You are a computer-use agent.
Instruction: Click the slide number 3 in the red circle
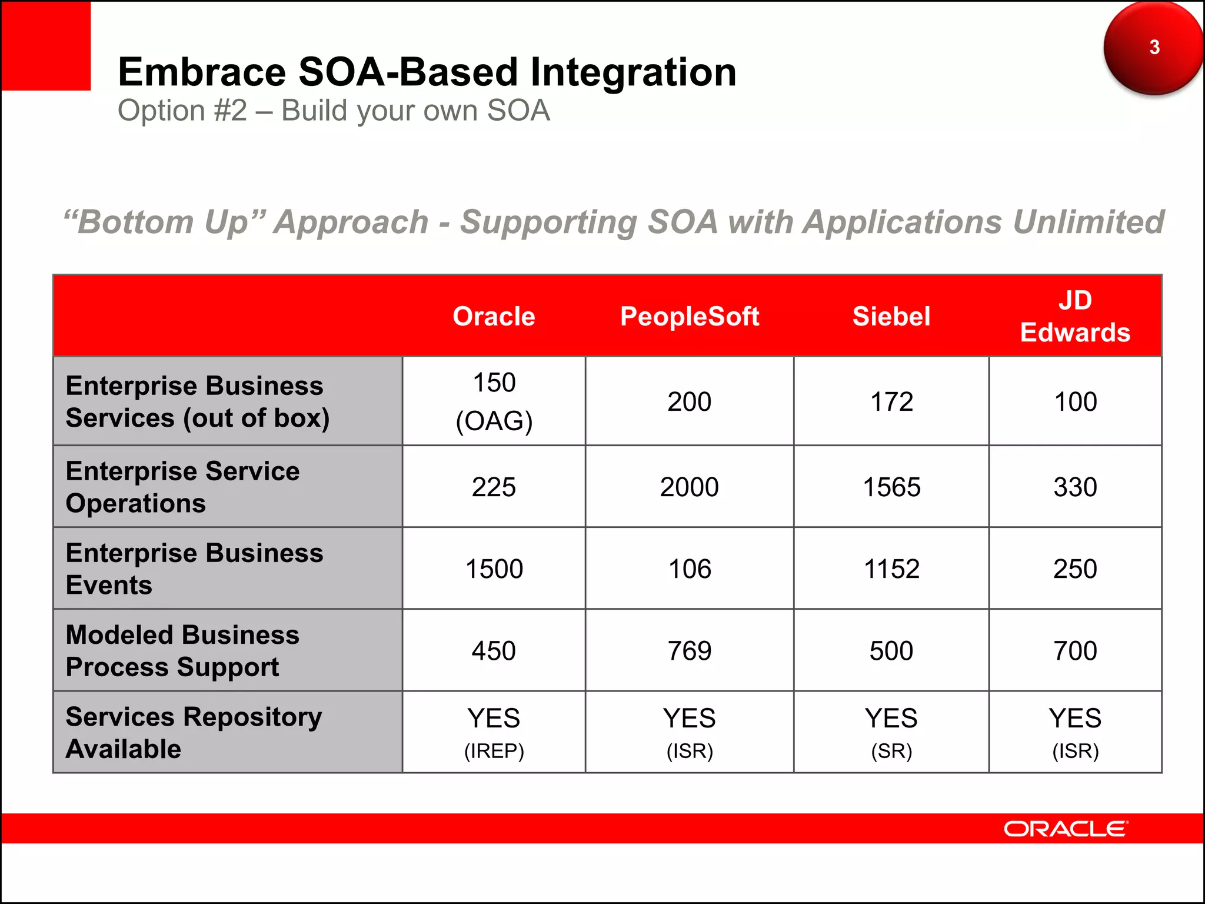pyautogui.click(x=1154, y=47)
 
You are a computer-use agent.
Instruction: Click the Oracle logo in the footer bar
pyautogui.click(x=1066, y=829)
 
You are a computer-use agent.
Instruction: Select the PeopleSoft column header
pyautogui.click(x=689, y=317)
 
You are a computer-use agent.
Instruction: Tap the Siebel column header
pyautogui.click(x=891, y=317)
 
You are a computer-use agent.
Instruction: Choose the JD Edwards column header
pyautogui.click(x=1075, y=317)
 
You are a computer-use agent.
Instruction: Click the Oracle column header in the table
pyautogui.click(x=494, y=317)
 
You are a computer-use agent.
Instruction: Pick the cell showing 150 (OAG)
pyautogui.click(x=494, y=401)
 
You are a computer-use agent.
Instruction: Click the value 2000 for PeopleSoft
pyautogui.click(x=689, y=487)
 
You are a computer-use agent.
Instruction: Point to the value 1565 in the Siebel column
pyautogui.click(x=891, y=487)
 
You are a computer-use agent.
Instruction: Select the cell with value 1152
pyautogui.click(x=891, y=569)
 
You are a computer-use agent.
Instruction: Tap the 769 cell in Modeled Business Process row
pyautogui.click(x=689, y=651)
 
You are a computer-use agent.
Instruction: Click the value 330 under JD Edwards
pyautogui.click(x=1075, y=487)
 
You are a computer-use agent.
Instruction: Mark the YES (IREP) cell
pyautogui.click(x=494, y=732)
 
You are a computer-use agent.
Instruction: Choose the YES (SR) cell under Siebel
pyautogui.click(x=891, y=732)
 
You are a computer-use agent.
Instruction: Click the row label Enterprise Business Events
pyautogui.click(x=194, y=569)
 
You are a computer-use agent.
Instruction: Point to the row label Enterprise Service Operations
pyautogui.click(x=182, y=487)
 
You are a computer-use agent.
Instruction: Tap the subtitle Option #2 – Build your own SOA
pyautogui.click(x=334, y=111)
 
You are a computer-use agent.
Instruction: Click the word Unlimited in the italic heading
pyautogui.click(x=1088, y=222)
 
